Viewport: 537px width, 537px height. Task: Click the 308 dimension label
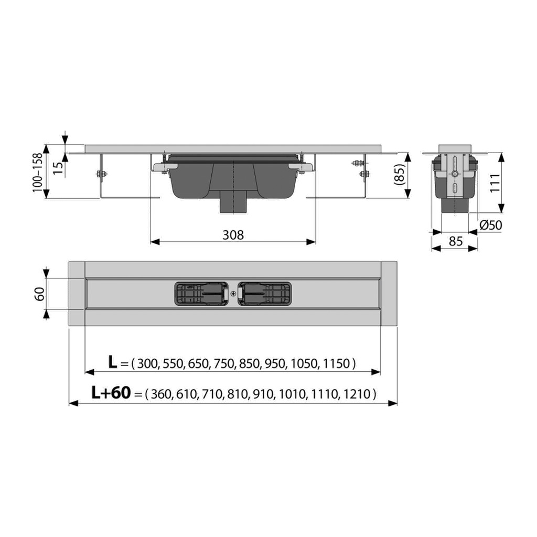(x=233, y=235)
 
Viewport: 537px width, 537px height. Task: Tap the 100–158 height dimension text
(x=38, y=172)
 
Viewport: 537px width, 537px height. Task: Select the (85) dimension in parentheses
(x=400, y=175)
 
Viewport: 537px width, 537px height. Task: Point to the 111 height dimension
(x=495, y=183)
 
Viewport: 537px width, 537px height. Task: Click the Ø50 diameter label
(x=491, y=225)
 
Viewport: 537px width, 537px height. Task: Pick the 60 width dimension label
(x=40, y=294)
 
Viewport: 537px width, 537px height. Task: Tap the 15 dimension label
(x=59, y=168)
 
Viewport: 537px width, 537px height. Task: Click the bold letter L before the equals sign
(x=113, y=362)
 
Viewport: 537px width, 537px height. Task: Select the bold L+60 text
(x=111, y=392)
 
